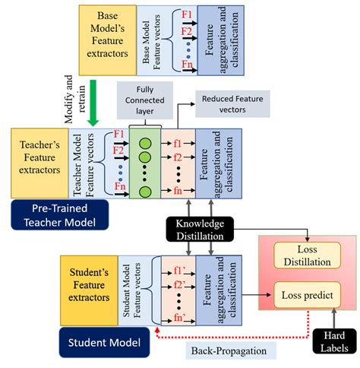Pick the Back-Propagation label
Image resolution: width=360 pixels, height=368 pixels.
pyautogui.click(x=218, y=351)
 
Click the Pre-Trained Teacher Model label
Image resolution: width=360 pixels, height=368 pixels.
pyautogui.click(x=58, y=215)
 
